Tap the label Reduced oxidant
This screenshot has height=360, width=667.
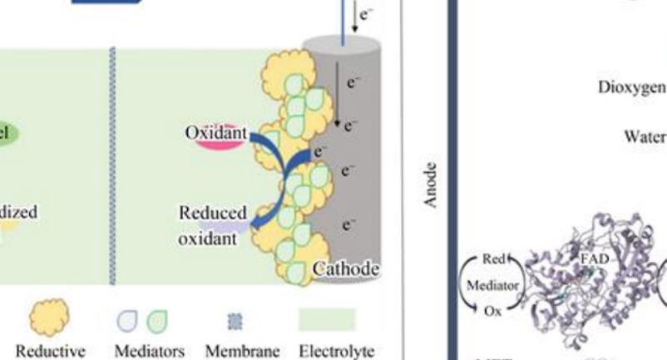click(x=211, y=224)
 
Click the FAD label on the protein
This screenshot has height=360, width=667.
click(x=594, y=259)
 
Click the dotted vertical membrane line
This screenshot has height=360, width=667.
click(x=111, y=166)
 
